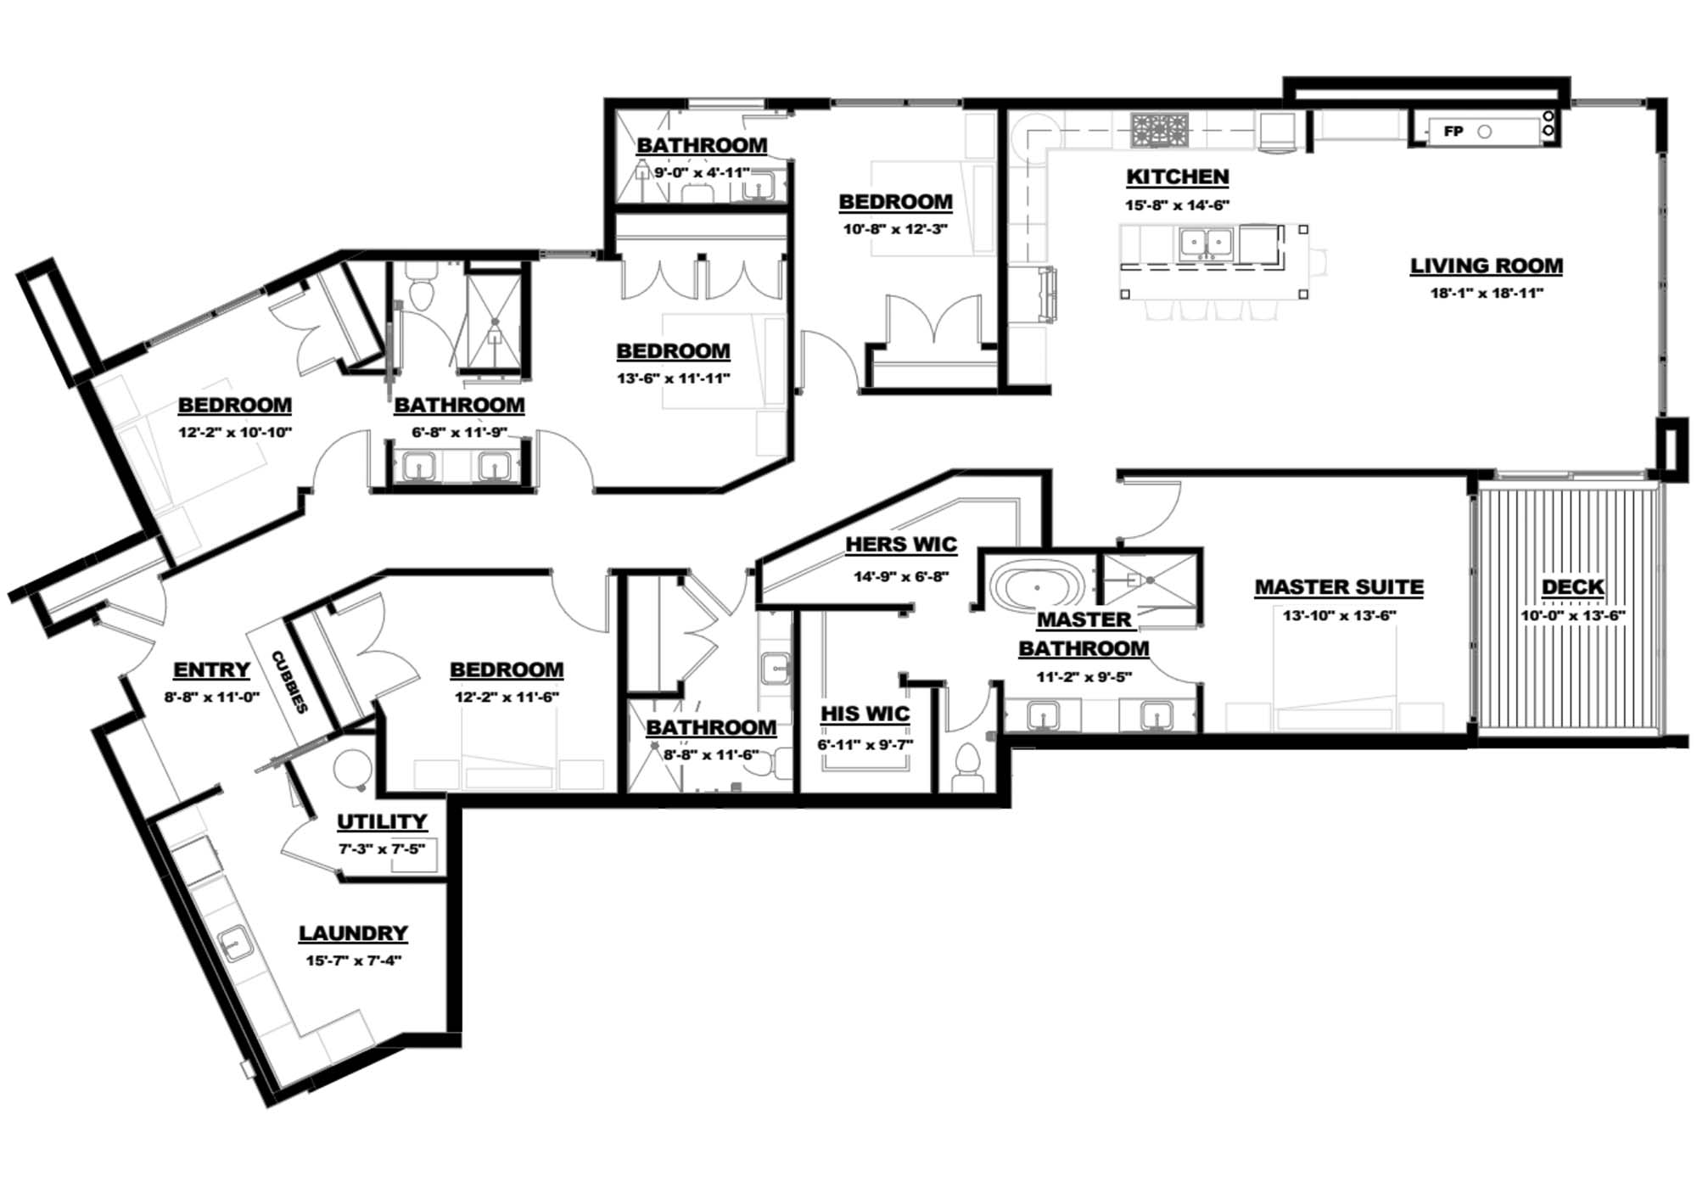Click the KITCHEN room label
1177,176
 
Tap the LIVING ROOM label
1486,266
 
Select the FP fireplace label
1453,132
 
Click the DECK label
1572,586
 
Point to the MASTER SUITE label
1339,586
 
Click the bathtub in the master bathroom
1037,586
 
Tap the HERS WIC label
901,544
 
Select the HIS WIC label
865,714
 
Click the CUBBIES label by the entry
288,681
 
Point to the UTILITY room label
382,821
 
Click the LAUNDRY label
353,933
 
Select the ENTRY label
211,669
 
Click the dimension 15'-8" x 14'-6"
1177,204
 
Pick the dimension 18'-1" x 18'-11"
1486,294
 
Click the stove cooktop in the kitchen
1159,129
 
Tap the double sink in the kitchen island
1206,244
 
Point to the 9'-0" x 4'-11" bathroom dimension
701,173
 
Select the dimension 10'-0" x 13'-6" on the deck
1572,615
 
